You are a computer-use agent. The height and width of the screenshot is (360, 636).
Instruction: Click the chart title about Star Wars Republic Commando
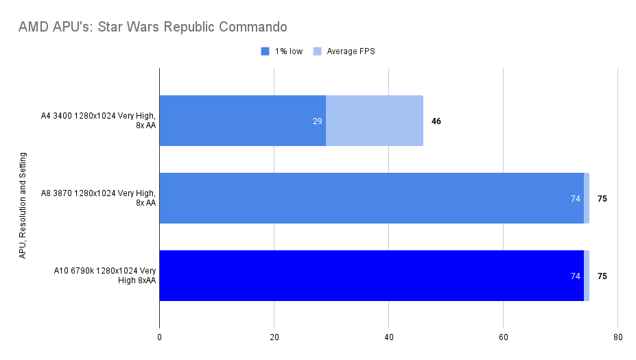click(x=153, y=27)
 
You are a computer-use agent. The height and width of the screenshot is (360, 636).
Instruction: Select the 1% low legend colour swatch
click(x=265, y=51)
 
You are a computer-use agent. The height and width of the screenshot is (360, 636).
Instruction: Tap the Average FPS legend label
click(x=351, y=51)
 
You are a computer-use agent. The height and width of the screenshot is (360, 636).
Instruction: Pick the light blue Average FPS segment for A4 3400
click(x=375, y=121)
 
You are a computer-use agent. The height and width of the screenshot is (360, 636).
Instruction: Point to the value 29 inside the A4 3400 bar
click(x=317, y=121)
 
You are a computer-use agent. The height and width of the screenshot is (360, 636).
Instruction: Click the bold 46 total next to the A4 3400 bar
click(x=436, y=121)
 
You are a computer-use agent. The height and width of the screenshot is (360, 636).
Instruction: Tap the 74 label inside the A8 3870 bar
click(x=575, y=199)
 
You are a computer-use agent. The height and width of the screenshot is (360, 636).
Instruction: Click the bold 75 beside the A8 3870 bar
click(x=602, y=199)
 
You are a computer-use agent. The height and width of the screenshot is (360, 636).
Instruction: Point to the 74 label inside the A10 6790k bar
click(x=575, y=276)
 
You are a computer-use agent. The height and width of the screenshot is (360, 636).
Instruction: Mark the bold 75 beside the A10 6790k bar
click(x=602, y=276)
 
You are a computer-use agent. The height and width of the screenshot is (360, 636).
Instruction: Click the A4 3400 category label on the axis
click(x=98, y=121)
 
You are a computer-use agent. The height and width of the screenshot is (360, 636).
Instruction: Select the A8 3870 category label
click(x=98, y=198)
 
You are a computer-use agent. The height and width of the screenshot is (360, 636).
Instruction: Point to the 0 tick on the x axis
click(x=159, y=337)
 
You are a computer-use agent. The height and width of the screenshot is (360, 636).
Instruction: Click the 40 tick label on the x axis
click(x=388, y=337)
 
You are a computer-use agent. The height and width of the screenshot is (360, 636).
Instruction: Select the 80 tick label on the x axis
click(x=617, y=337)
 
